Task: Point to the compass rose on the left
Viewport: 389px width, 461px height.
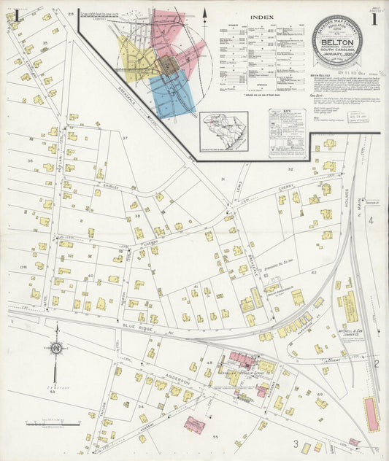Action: (x=56, y=349)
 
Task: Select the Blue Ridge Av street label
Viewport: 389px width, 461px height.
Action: (x=138, y=328)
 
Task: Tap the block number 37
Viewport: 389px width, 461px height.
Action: (x=125, y=138)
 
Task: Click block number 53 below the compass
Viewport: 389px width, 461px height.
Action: (x=53, y=392)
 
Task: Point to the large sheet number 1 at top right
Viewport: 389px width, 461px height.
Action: (x=373, y=20)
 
